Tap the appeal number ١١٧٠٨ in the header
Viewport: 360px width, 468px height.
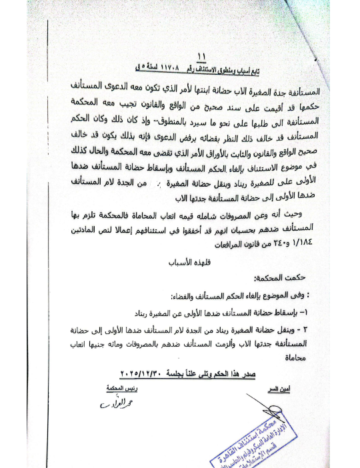tap(221, 69)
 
